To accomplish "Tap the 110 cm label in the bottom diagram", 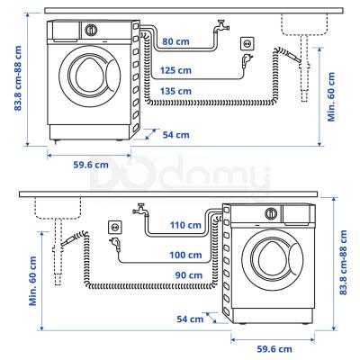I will click(184, 224).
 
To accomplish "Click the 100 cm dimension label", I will click(184, 254).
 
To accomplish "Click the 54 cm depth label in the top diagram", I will click(175, 135).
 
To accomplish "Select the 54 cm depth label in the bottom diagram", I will click(190, 319).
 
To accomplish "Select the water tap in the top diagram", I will click(217, 29).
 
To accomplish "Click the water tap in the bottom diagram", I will click(139, 213).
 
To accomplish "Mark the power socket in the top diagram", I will click(247, 43).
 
